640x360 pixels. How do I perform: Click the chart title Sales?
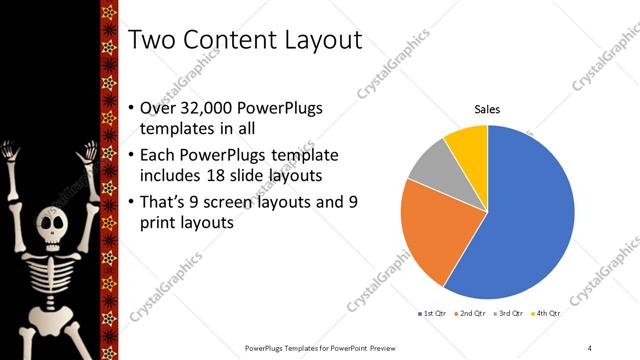click(487, 109)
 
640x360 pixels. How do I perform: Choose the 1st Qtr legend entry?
click(433, 314)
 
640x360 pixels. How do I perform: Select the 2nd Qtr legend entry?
click(472, 314)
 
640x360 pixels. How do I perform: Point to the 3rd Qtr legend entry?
click(510, 314)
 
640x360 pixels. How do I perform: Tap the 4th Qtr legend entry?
click(547, 314)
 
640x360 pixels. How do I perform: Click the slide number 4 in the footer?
click(590, 347)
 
